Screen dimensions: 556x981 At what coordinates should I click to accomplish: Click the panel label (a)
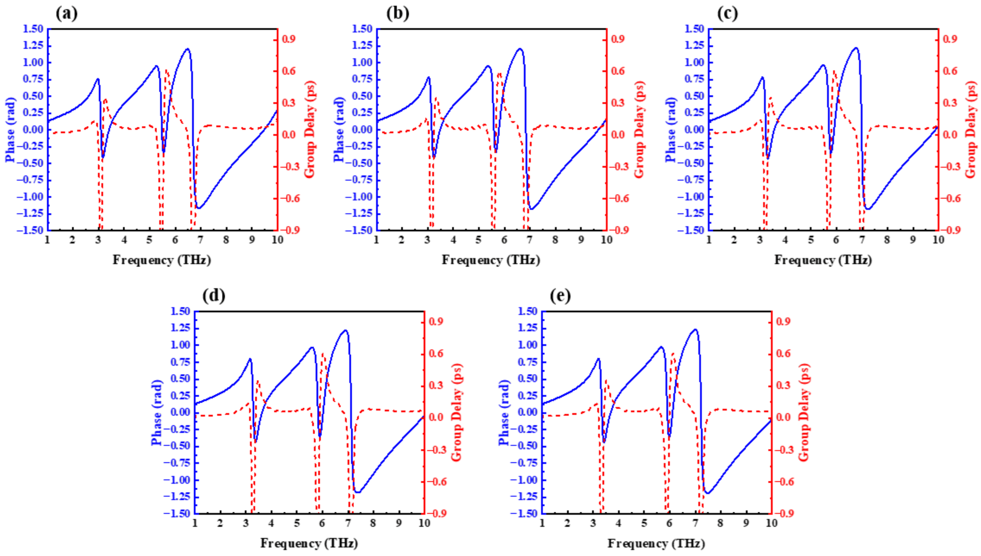[x=67, y=14]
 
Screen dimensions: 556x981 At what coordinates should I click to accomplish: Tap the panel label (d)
[x=214, y=296]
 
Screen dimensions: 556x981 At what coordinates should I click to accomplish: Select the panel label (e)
[x=560, y=296]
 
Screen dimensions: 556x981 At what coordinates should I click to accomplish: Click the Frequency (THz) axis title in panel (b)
[x=491, y=260]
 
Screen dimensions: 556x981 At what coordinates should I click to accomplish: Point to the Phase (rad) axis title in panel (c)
[x=671, y=130]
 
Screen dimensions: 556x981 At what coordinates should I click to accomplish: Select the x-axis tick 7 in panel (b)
[x=530, y=240]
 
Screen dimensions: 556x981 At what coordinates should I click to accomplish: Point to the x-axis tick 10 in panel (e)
[x=771, y=522]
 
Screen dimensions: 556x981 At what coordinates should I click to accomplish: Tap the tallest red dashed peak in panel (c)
[x=834, y=71]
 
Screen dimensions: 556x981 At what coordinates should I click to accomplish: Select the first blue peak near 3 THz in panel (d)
[x=250, y=359]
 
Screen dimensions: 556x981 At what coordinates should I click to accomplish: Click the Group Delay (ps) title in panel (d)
[x=456, y=412]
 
